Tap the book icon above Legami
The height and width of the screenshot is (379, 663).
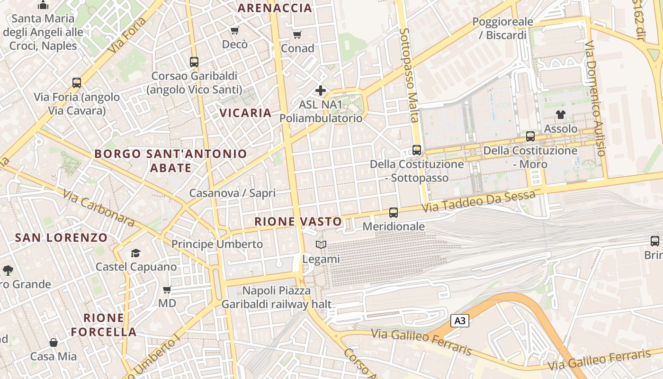tap(321, 244)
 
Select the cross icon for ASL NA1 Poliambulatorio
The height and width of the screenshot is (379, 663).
tap(321, 90)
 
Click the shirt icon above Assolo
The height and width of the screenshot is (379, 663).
tap(561, 114)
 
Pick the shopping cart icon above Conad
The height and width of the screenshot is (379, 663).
tap(297, 35)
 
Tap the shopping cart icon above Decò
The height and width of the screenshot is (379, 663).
tap(234, 31)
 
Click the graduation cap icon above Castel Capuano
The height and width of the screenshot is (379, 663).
tap(136, 253)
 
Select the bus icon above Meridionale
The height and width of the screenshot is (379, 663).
tap(394, 213)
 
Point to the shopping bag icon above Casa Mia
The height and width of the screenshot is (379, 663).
tap(54, 342)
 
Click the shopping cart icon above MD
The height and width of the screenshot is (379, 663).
tap(167, 289)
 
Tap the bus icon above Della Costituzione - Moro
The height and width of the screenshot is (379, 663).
tap(530, 136)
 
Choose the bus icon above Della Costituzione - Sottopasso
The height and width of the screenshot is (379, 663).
tap(417, 150)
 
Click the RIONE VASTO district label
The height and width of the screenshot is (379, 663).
tap(298, 221)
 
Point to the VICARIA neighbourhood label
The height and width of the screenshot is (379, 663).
tap(245, 113)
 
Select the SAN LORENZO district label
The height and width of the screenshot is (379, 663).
tap(62, 237)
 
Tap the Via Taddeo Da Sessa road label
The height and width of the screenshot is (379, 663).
tap(478, 201)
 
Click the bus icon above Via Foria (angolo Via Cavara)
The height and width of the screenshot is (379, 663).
tap(77, 83)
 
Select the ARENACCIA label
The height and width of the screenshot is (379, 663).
tap(275, 8)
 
